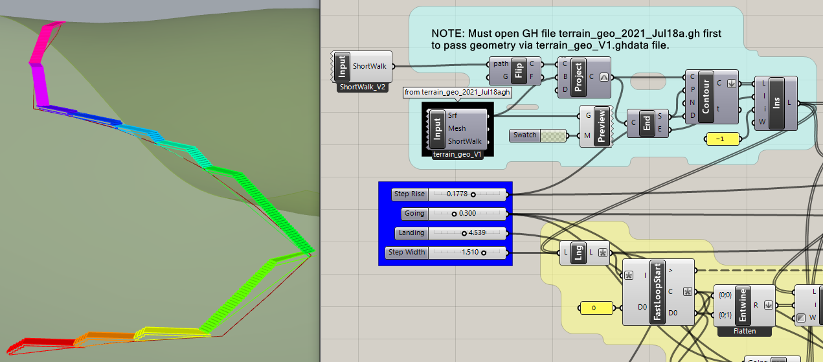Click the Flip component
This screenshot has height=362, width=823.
519,70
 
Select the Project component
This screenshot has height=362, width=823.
578,76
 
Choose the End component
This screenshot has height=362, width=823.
647,122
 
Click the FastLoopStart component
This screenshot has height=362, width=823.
657,291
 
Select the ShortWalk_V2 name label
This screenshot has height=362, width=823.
363,87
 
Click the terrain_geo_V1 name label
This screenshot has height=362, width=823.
457,155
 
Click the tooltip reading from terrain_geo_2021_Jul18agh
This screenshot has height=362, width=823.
458,93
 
